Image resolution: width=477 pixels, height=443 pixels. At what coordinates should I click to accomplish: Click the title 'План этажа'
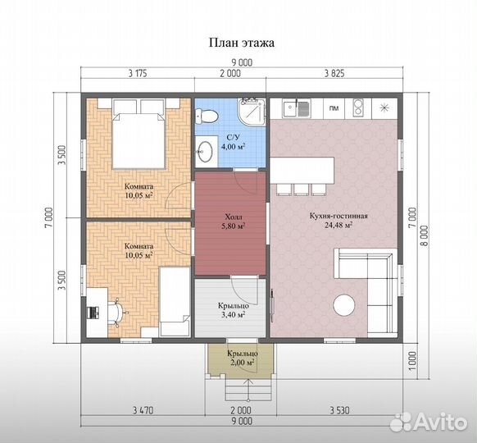click(242, 43)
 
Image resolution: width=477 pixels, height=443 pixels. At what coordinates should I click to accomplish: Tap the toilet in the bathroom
click(207, 116)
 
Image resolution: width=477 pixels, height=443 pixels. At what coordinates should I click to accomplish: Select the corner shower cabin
click(252, 112)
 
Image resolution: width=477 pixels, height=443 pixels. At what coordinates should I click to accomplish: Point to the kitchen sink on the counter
click(297, 108)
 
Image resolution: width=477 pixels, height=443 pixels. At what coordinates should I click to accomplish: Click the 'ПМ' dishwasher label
click(334, 108)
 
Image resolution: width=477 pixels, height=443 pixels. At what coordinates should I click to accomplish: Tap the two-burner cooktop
click(357, 107)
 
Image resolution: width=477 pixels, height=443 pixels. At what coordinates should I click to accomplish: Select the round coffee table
click(344, 305)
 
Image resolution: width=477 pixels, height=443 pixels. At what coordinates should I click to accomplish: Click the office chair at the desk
click(117, 312)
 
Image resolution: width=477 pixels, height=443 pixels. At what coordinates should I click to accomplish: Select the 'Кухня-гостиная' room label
click(338, 216)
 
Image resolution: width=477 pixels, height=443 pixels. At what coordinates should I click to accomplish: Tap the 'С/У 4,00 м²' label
click(233, 142)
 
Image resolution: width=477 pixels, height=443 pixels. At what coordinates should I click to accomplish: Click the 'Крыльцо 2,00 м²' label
click(243, 359)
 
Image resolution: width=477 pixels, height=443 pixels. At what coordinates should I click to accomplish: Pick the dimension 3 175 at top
click(138, 73)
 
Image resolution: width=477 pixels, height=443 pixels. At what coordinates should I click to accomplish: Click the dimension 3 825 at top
click(334, 73)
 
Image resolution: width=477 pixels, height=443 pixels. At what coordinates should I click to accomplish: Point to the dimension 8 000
click(425, 235)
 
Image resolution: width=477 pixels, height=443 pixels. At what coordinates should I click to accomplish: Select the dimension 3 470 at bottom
click(143, 411)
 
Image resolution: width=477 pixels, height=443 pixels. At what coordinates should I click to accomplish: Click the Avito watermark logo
click(429, 422)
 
